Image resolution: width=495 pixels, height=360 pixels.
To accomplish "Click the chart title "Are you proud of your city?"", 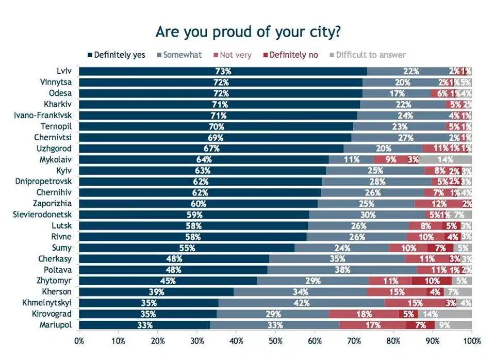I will pyautogui.click(x=247, y=32).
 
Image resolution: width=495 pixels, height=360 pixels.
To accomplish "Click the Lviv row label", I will pyautogui.click(x=64, y=71).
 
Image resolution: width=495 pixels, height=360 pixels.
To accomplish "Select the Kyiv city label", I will pyautogui.click(x=64, y=170).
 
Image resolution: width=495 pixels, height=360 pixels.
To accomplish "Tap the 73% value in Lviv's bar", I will pyautogui.click(x=223, y=71).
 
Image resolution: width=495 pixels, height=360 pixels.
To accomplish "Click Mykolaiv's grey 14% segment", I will pyautogui.click(x=445, y=159).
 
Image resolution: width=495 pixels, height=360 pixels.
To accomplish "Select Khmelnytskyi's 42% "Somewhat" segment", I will pyautogui.click(x=302, y=303).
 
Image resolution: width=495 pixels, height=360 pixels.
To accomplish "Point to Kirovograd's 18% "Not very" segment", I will pyautogui.click(x=364, y=314).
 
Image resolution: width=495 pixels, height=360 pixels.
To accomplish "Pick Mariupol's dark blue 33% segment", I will pyautogui.click(x=144, y=325).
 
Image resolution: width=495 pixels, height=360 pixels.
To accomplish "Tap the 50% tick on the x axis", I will pyautogui.click(x=275, y=341).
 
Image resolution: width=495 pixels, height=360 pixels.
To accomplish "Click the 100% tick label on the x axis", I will pyautogui.click(x=471, y=341).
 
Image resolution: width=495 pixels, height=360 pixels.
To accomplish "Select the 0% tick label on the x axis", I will pyautogui.click(x=79, y=341).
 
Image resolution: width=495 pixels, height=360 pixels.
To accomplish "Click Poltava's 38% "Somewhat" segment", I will pyautogui.click(x=342, y=270).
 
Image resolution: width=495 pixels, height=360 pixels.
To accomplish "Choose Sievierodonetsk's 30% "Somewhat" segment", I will pyautogui.click(x=368, y=215).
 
